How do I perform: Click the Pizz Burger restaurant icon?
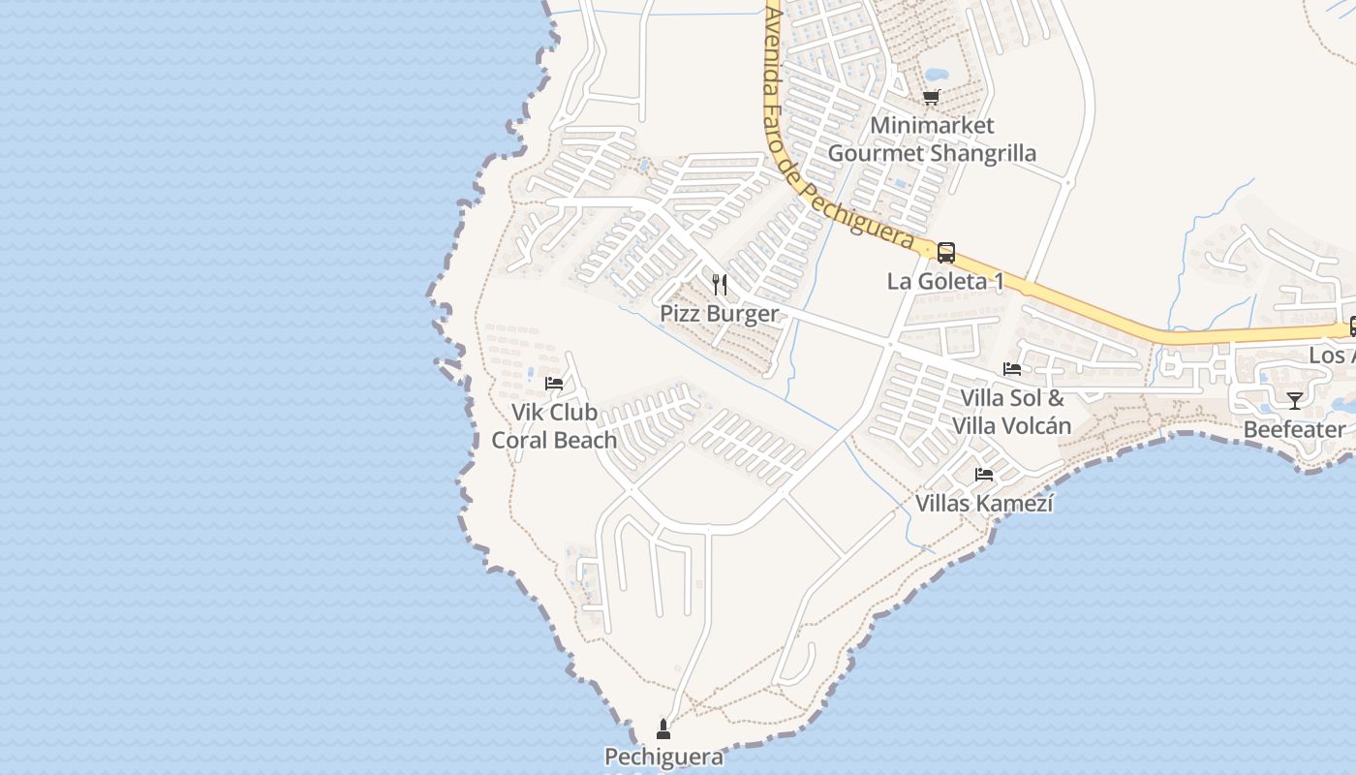[x=719, y=284]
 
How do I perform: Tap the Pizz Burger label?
[x=719, y=314]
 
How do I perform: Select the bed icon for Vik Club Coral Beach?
[x=554, y=384]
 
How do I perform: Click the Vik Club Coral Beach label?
[x=554, y=426]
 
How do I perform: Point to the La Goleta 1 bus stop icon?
[x=946, y=253]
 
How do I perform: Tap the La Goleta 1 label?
[x=945, y=282]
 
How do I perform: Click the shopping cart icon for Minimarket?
[x=932, y=97]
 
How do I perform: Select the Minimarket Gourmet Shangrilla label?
[x=932, y=139]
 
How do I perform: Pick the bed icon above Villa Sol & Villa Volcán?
[x=1012, y=369]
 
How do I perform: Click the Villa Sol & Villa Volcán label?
[x=1012, y=412]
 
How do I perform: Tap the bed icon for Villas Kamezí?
[x=984, y=475]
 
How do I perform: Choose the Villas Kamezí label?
[x=984, y=504]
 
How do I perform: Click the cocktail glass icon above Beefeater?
[x=1295, y=400]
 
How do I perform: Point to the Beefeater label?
[x=1295, y=429]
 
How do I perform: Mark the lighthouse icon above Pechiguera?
[x=663, y=728]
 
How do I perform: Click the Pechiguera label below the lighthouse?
[x=663, y=757]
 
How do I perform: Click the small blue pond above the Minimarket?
[x=937, y=74]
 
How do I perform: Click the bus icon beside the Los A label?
[x=1352, y=327]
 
